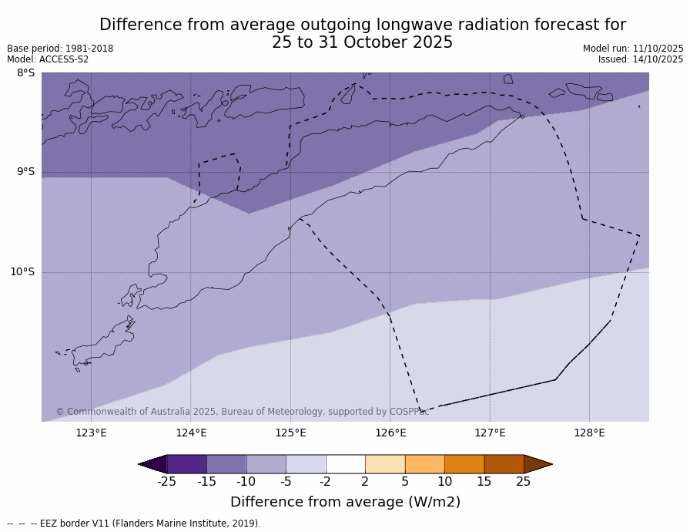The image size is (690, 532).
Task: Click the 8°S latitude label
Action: tap(25, 73)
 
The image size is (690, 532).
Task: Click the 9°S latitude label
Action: tap(25, 172)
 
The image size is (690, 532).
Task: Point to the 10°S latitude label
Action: tap(22, 271)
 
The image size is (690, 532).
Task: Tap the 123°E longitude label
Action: tap(91, 433)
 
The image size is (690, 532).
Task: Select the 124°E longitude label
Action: tap(191, 433)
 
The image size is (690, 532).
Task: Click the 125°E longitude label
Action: tap(290, 433)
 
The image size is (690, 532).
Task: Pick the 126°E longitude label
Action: tap(390, 433)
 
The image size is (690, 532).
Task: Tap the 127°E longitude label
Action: tap(490, 433)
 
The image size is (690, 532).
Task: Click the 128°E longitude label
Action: tap(589, 433)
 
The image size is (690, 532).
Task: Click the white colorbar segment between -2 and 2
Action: tap(345, 464)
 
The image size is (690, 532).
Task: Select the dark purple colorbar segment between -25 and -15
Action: tap(186, 464)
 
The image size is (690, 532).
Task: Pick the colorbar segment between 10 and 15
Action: tap(464, 464)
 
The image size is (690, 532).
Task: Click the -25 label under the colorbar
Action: tap(166, 482)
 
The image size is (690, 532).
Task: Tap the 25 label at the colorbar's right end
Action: tap(524, 482)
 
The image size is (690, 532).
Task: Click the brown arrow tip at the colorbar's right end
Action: tap(539, 464)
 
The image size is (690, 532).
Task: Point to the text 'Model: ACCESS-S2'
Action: tap(48, 59)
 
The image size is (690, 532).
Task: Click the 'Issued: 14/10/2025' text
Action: tap(641, 59)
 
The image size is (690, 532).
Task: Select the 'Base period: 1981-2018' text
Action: tap(60, 49)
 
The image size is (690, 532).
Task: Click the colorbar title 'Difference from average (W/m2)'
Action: tap(345, 502)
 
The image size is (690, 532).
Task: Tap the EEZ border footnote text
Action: tap(134, 524)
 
